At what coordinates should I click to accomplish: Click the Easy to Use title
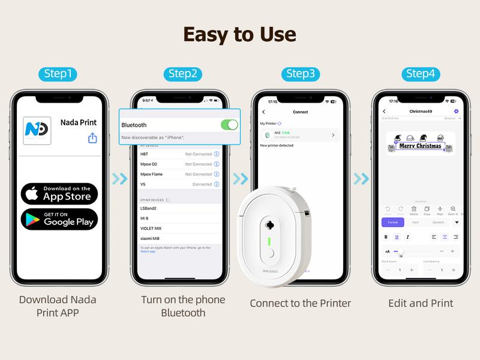coord(240,35)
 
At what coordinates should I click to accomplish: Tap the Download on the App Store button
coord(59,193)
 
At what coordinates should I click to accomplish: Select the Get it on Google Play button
coord(59,220)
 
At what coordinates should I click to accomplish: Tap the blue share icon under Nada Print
coord(92,139)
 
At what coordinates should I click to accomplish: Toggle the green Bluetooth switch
coord(229,125)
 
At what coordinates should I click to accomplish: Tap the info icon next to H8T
coord(217,154)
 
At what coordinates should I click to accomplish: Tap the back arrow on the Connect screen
coord(263,112)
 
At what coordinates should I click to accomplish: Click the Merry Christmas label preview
coord(420,144)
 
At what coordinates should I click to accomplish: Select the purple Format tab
coord(392,222)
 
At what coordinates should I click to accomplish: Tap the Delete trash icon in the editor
coord(413,209)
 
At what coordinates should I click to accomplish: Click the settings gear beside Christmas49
coord(456,112)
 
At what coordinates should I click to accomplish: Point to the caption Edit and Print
coord(421,303)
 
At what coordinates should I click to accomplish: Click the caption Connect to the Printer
coord(300,303)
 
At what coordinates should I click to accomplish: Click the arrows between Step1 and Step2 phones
coord(120,179)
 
